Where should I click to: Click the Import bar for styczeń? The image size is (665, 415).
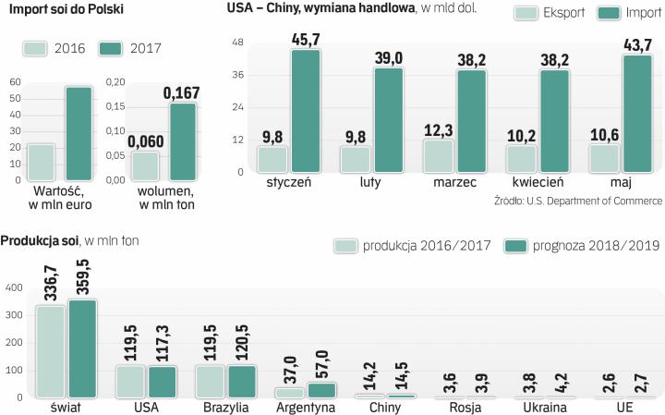pos(306,111)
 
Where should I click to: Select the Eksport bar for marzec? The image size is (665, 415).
pos(438,156)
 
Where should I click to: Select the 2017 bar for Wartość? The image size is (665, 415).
pos(78,133)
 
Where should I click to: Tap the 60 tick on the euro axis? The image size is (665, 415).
pos(14,82)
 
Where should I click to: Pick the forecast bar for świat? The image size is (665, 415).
pos(83,348)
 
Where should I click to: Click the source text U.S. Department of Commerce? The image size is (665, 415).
pos(602,200)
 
